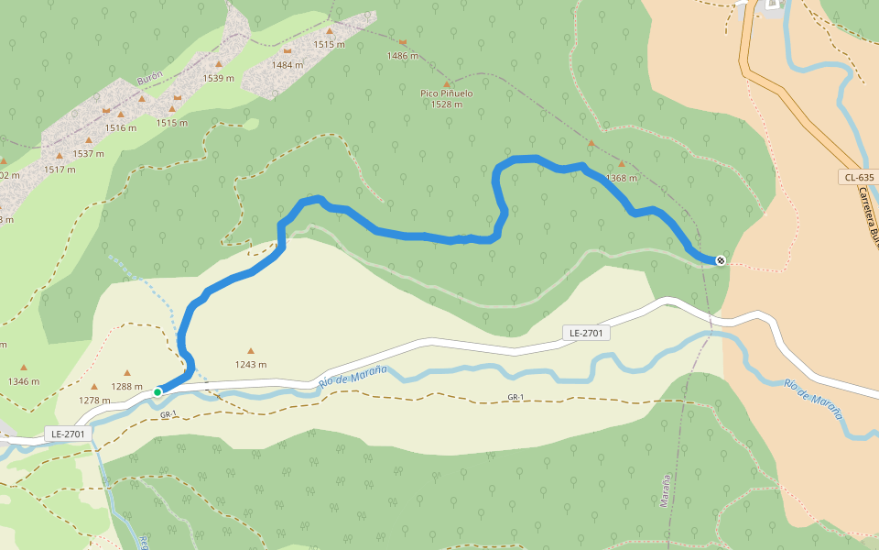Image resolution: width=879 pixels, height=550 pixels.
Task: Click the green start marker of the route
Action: pyautogui.click(x=157, y=392)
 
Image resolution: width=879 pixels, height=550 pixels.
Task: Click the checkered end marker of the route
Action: pyautogui.click(x=721, y=261)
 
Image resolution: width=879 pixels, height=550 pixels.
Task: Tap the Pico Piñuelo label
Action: pyautogui.click(x=447, y=93)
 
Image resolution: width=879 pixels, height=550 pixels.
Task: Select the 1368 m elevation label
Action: pyautogui.click(x=621, y=178)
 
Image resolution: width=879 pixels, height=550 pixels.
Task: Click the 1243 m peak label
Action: pyautogui.click(x=250, y=364)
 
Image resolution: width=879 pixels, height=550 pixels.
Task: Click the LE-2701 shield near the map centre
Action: pyautogui.click(x=586, y=333)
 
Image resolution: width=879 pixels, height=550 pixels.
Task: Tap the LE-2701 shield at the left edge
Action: pyautogui.click(x=69, y=433)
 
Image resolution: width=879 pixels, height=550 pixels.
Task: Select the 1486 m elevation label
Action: pyautogui.click(x=403, y=56)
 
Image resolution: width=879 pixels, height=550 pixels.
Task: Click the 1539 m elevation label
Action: pyautogui.click(x=219, y=78)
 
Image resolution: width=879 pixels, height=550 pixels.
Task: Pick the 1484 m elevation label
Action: pyautogui.click(x=288, y=64)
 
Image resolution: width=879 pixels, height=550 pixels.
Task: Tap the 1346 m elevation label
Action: pyautogui.click(x=24, y=381)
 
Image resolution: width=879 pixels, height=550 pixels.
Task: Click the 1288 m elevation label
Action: pyautogui.click(x=126, y=386)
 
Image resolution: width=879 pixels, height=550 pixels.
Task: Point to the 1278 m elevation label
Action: pyautogui.click(x=93, y=400)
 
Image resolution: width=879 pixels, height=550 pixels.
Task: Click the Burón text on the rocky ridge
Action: pyautogui.click(x=149, y=80)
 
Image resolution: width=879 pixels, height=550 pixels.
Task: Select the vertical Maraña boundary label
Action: pyautogui.click(x=666, y=490)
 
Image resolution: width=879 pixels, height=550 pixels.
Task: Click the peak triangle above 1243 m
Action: pyautogui.click(x=250, y=350)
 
